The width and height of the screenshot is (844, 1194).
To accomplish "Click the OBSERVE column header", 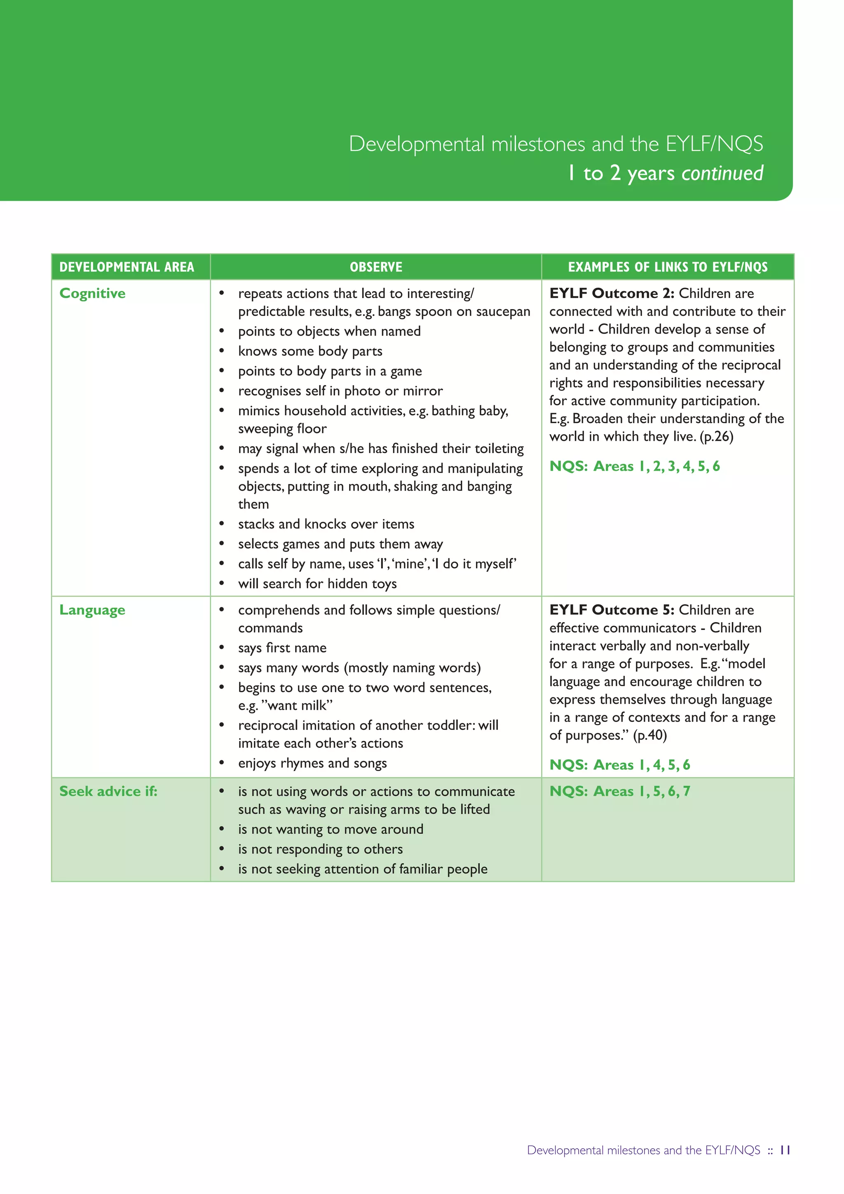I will click(x=376, y=267).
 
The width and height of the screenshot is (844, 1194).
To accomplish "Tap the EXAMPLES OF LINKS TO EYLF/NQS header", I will click(x=667, y=267).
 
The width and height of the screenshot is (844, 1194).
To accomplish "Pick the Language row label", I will click(x=92, y=610).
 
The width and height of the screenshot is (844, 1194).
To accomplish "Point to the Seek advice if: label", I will click(x=108, y=792).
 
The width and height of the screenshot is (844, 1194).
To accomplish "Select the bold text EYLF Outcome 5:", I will click(x=612, y=610).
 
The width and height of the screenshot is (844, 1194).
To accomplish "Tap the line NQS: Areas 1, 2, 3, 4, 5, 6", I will click(x=634, y=466).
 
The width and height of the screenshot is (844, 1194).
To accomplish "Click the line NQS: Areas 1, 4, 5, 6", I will click(x=619, y=765).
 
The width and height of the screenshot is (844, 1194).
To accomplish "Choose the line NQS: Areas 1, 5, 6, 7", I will click(x=619, y=792).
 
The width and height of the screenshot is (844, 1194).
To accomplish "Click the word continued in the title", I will click(x=722, y=173).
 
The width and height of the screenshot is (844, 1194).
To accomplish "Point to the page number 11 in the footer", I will click(x=785, y=1150).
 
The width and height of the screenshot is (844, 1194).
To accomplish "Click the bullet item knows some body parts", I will click(x=310, y=352).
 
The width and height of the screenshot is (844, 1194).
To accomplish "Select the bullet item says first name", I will click(x=282, y=648).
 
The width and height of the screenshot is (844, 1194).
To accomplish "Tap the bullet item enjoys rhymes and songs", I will click(x=312, y=764).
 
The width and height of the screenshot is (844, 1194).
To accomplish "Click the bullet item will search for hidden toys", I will click(x=317, y=584).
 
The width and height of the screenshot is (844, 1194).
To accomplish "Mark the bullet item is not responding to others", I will click(x=320, y=849).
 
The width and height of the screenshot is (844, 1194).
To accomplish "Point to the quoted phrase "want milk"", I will click(x=297, y=706).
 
